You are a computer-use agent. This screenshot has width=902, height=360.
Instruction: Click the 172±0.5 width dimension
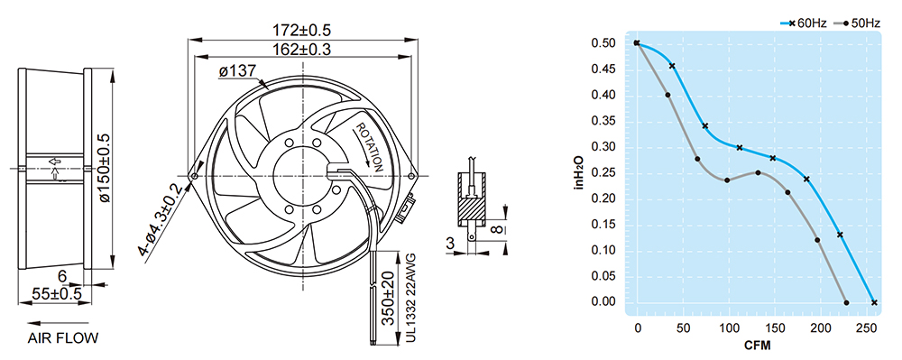(x=301, y=30)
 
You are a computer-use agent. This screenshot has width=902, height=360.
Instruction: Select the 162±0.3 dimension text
(x=301, y=49)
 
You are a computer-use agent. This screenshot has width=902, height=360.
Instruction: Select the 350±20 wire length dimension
(x=389, y=298)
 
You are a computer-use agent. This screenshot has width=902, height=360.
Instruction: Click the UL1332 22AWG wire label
(x=410, y=299)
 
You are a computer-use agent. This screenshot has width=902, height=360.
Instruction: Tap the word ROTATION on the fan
(x=369, y=148)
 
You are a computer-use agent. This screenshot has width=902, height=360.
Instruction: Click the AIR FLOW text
(x=63, y=338)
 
